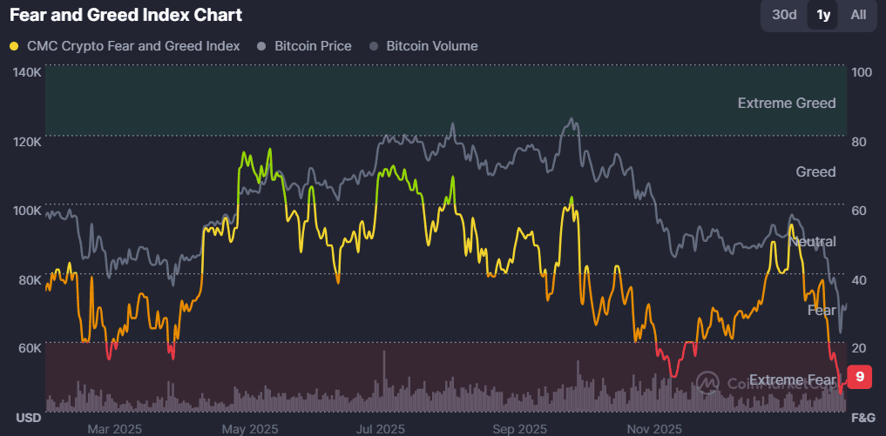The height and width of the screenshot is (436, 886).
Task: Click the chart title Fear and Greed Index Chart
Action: pyautogui.click(x=126, y=15)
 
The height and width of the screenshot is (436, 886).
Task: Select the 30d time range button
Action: pyautogui.click(x=784, y=15)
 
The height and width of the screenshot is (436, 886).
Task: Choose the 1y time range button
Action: pyautogui.click(x=822, y=15)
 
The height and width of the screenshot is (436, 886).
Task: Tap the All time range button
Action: pyautogui.click(x=858, y=15)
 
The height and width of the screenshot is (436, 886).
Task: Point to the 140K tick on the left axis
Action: pyautogui.click(x=27, y=72)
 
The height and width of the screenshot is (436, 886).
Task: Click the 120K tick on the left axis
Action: pyautogui.click(x=27, y=141)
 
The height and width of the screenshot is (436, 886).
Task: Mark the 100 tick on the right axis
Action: pyautogui.click(x=861, y=72)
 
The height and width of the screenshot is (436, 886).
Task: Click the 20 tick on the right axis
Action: pyautogui.click(x=861, y=348)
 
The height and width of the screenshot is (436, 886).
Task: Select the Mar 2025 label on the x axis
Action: pyautogui.click(x=115, y=428)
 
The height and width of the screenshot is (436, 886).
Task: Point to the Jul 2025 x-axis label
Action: pyautogui.click(x=381, y=428)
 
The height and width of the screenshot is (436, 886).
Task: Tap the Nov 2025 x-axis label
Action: pyautogui.click(x=654, y=428)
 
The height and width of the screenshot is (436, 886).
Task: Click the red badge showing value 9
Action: pyautogui.click(x=859, y=377)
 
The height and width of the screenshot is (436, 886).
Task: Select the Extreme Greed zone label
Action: pyautogui.click(x=786, y=103)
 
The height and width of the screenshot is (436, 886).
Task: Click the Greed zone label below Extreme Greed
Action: pyautogui.click(x=815, y=171)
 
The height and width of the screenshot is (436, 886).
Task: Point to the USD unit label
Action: pyautogui.click(x=29, y=418)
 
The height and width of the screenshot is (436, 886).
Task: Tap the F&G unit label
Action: pyautogui.click(x=862, y=418)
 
